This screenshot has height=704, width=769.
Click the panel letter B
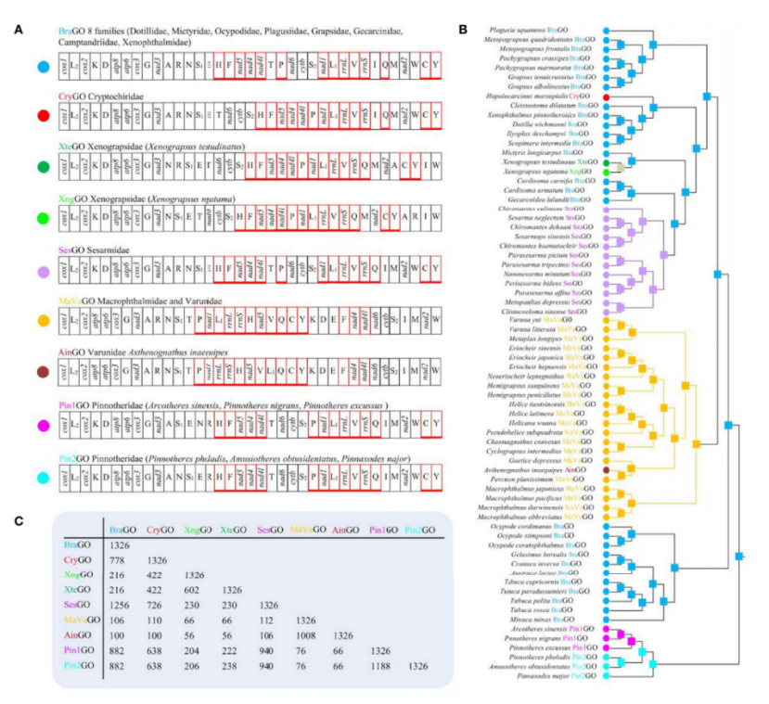tap(462, 30)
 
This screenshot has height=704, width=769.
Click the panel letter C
tap(19, 518)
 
